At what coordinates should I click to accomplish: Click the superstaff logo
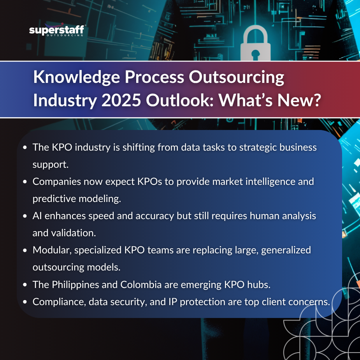coord(57,30)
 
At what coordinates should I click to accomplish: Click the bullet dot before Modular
coord(25,250)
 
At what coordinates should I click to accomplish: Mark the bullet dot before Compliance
coord(25,302)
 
